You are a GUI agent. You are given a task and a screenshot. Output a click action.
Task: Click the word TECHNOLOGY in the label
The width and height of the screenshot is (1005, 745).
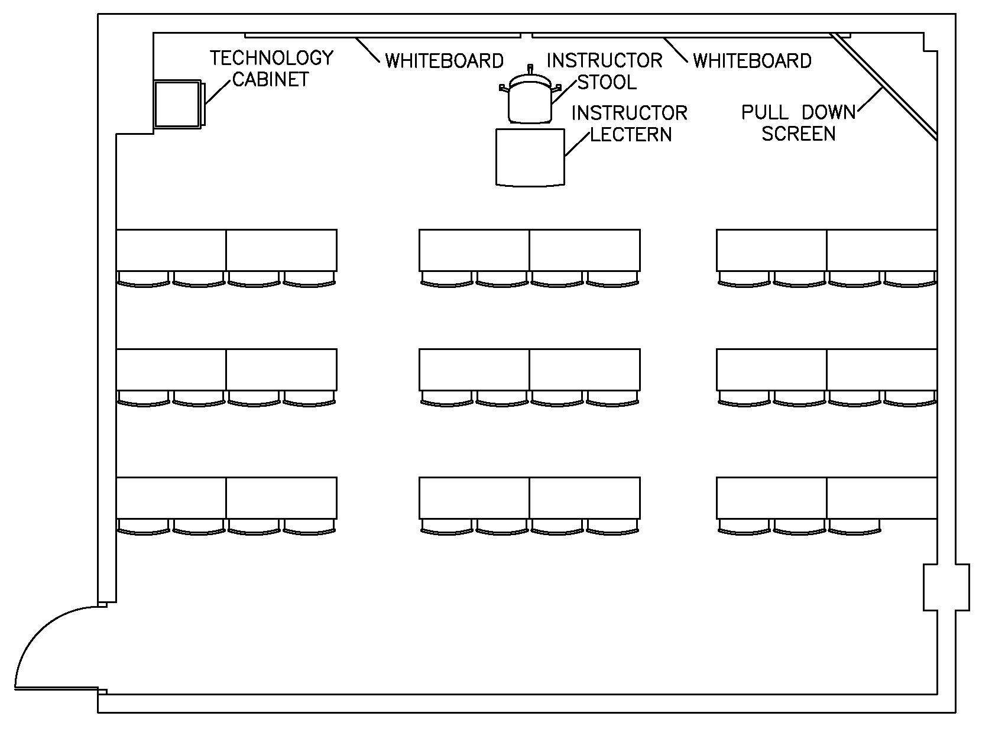coord(271,58)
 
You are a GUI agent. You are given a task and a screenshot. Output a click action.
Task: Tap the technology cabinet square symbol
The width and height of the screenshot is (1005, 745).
coord(177,104)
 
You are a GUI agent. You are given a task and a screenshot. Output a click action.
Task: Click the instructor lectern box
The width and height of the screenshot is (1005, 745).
coord(530,157)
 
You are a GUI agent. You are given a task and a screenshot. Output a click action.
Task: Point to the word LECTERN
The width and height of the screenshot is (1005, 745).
coord(631,134)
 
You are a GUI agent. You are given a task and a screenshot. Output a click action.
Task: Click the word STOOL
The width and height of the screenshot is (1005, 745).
coord(607,82)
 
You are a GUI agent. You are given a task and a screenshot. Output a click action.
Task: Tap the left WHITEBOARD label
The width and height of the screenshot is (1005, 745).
coord(444,61)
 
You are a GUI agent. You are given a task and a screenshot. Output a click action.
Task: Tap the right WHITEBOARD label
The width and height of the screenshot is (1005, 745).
coord(752,61)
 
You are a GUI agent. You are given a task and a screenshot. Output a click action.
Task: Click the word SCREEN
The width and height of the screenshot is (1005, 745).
coord(798,134)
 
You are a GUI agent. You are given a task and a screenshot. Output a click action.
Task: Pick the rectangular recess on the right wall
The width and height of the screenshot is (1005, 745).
coord(946,587)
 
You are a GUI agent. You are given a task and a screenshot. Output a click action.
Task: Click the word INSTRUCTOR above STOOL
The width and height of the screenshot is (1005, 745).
coord(604,60)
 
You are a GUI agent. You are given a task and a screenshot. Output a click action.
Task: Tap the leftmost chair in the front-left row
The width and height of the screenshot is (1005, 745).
coord(144,279)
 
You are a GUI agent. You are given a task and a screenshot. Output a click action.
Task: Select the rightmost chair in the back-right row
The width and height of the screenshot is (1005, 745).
coord(854,526)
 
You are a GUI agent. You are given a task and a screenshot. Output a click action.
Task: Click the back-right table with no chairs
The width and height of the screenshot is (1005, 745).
coord(881,498)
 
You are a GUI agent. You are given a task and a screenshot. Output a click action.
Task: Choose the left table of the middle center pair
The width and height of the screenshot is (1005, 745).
coord(474,370)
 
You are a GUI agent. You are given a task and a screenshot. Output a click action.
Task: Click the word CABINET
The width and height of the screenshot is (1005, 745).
coord(270,79)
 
